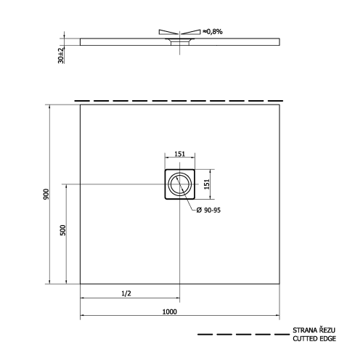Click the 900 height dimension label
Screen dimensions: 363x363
(x=45, y=195)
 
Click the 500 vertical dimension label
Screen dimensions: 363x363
(x=63, y=230)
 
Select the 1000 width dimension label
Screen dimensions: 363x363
(x=170, y=311)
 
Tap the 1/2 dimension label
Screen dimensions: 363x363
(x=126, y=293)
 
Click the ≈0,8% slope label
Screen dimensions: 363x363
(x=213, y=31)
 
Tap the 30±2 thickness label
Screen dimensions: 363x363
(x=62, y=54)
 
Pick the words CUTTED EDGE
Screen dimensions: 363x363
(x=314, y=339)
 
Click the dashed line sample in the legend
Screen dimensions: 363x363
(x=240, y=335)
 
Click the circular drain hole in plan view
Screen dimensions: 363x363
(x=179, y=184)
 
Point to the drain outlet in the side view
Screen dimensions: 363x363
(x=179, y=43)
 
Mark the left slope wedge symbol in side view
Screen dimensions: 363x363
(x=167, y=32)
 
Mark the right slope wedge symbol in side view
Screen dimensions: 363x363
(x=191, y=32)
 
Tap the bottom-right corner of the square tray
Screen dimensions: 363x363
(x=280, y=283)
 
